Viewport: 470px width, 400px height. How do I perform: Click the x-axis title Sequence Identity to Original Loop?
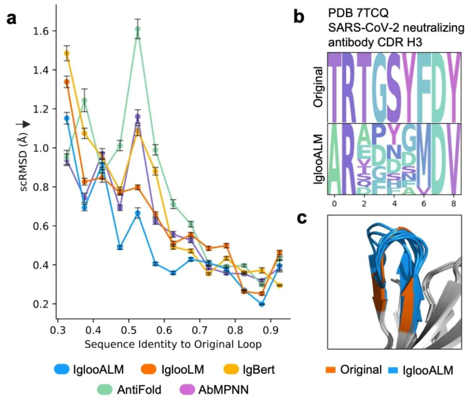[x=173, y=344]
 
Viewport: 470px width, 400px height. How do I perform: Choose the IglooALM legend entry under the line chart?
[x=89, y=370]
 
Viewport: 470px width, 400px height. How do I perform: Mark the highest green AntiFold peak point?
[x=138, y=29]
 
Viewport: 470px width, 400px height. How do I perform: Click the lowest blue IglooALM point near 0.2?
[x=262, y=304]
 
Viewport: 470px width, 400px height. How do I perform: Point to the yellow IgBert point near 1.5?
[x=67, y=54]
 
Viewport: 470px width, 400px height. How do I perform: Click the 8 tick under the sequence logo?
[x=454, y=203]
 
